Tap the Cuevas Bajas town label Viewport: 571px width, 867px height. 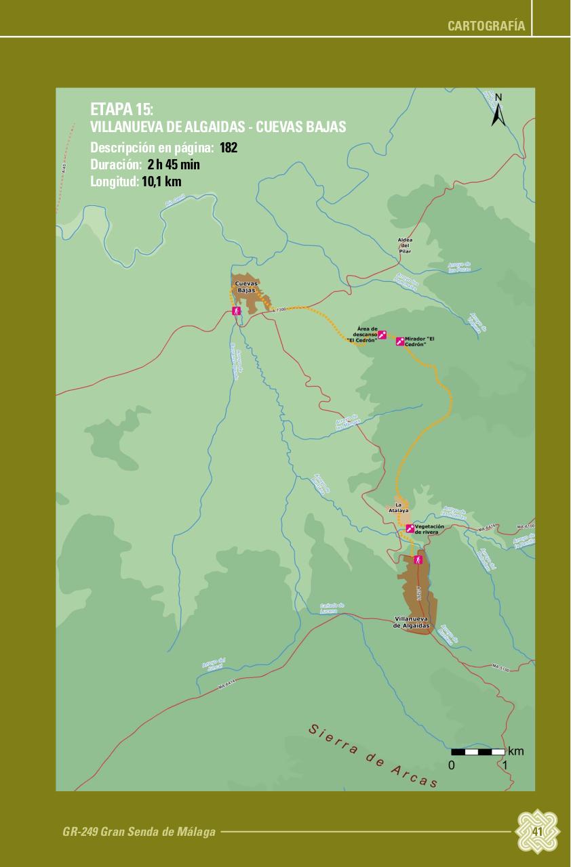[x=246, y=287]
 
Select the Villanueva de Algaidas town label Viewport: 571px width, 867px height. [x=412, y=622]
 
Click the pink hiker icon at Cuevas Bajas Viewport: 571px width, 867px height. [x=237, y=311]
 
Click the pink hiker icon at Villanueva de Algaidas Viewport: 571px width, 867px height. [x=418, y=560]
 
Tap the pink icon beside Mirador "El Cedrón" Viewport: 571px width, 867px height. [x=400, y=341]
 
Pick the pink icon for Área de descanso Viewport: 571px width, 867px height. [x=382, y=335]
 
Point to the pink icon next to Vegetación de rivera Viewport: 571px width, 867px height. [x=410, y=529]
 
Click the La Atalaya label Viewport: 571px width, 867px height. [x=400, y=508]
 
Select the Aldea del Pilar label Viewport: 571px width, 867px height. [x=405, y=246]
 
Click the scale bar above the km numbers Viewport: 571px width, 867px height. [x=478, y=752]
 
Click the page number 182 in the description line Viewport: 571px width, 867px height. [x=229, y=148]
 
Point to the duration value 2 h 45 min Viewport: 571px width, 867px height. [x=174, y=165]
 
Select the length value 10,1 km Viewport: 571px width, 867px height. [x=161, y=182]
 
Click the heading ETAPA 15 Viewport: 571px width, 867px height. [x=121, y=110]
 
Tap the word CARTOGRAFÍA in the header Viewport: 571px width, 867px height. [x=486, y=26]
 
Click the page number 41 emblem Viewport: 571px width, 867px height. [x=538, y=831]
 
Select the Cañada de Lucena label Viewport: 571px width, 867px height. [x=332, y=608]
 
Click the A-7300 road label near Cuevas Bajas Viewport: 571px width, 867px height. [x=279, y=310]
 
